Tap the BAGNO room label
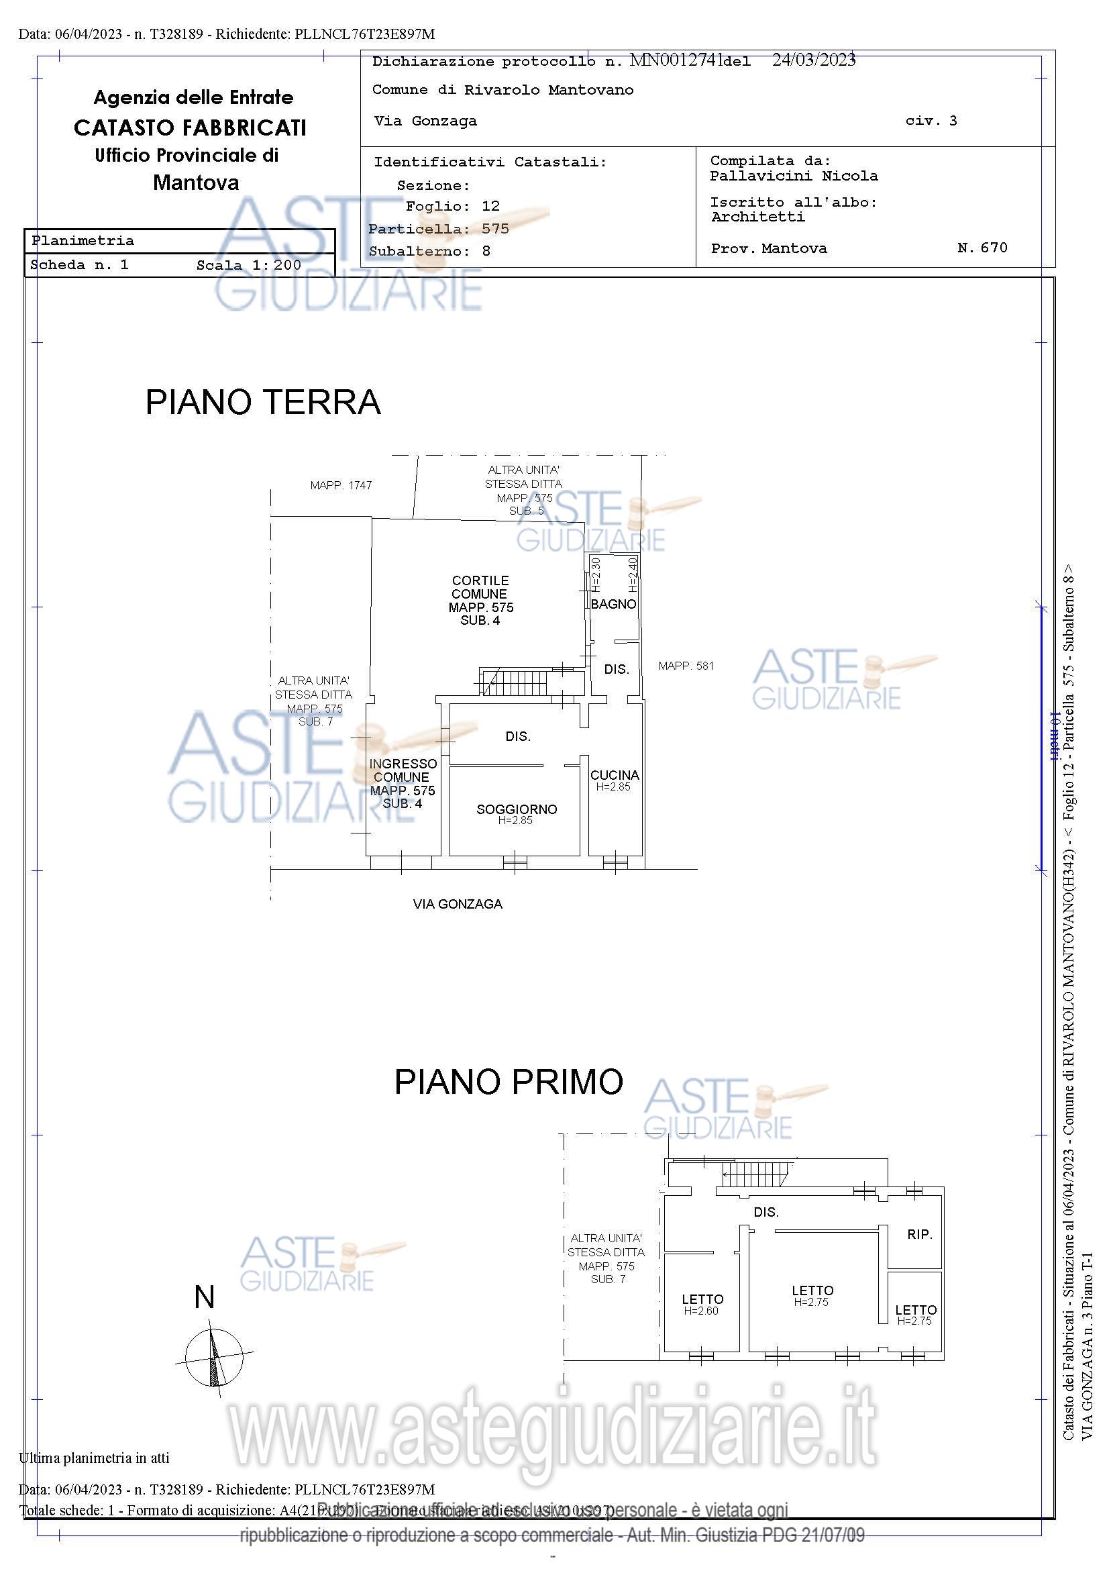[613, 604]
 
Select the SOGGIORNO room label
[517, 809]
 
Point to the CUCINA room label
[615, 775]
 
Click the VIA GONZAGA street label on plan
[458, 904]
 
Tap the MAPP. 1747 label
[341, 485]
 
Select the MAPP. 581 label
[686, 666]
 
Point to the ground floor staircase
[514, 682]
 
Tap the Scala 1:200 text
[249, 266]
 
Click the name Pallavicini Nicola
[794, 176]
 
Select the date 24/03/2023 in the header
[814, 60]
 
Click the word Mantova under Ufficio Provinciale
[196, 183]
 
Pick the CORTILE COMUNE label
[480, 587]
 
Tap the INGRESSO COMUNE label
[403, 770]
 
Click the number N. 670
[982, 248]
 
